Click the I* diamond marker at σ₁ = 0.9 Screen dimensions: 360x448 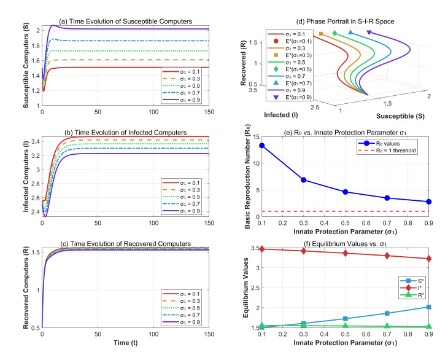[x=428, y=259]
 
